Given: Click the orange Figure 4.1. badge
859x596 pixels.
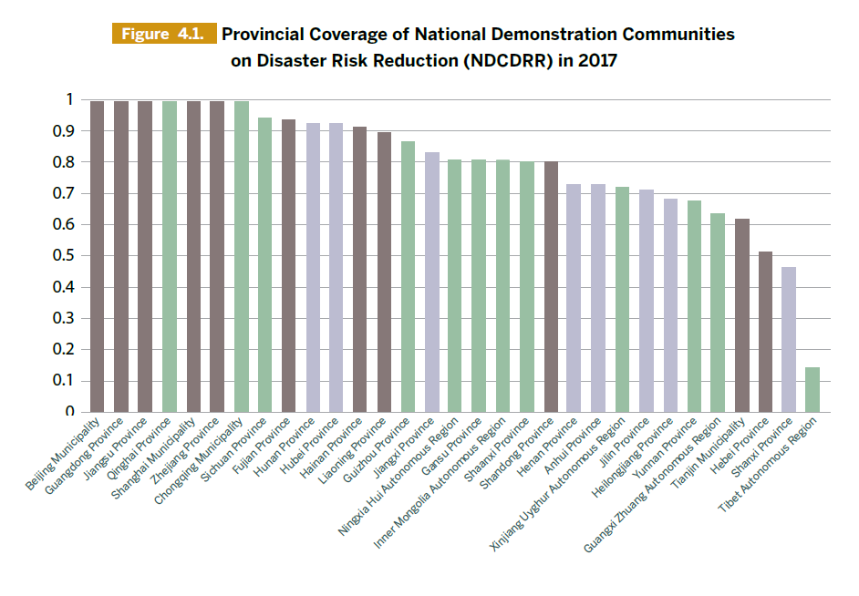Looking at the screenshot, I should [163, 35].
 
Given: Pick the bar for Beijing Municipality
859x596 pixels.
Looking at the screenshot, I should [97, 256].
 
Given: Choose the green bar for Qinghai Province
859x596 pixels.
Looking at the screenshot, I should [169, 256].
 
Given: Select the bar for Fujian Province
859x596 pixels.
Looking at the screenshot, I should [288, 265].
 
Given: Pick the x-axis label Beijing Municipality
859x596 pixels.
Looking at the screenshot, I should [65, 453].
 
